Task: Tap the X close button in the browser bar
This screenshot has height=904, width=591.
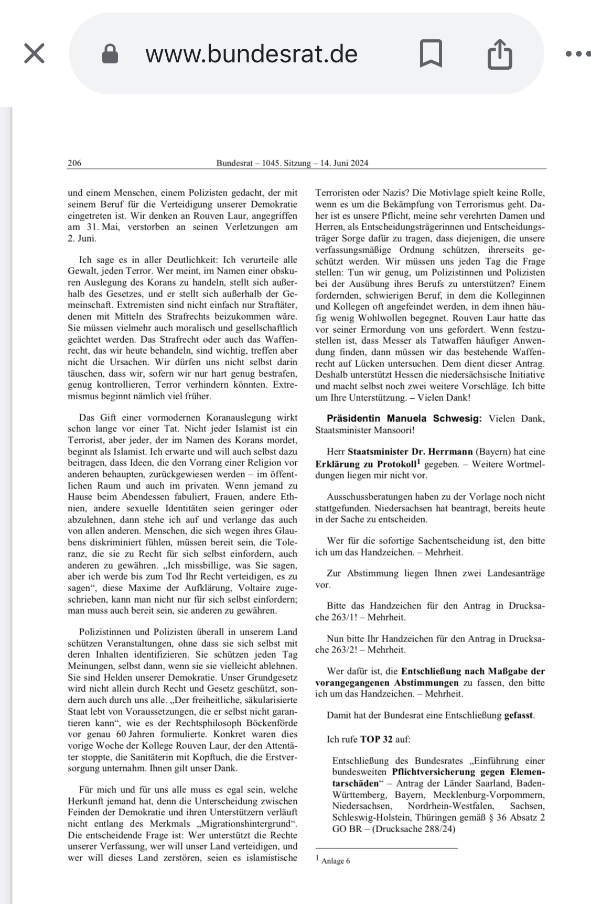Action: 35,53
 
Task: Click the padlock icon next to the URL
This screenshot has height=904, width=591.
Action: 110,53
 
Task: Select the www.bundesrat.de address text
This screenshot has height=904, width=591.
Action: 251,53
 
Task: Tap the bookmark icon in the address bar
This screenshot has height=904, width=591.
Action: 431,53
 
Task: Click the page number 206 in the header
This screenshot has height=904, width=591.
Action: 74,163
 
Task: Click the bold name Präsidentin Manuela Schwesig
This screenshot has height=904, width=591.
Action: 404,418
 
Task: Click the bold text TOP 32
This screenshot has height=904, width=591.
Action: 376,739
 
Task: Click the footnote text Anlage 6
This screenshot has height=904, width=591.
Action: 335,861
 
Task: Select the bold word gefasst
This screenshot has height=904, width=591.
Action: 519,715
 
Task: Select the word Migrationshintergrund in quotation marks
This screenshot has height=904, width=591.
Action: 245,824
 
